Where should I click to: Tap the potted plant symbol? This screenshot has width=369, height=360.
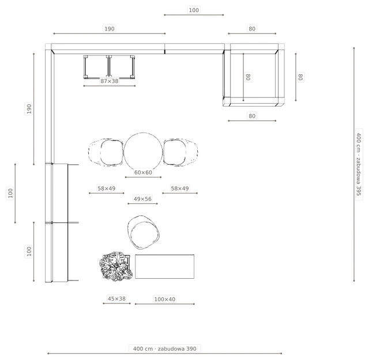115,267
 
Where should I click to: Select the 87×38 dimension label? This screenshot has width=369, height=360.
110,81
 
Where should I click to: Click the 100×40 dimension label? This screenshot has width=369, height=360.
165,299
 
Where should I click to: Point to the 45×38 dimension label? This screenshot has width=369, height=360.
116,298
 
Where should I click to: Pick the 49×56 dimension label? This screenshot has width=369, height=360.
142,199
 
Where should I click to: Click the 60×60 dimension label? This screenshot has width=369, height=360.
143,172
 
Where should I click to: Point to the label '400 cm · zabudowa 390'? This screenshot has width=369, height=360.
165,348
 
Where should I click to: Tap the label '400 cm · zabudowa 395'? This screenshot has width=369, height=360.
359,164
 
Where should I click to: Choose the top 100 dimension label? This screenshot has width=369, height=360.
194,10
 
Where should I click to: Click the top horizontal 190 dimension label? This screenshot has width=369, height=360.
110,29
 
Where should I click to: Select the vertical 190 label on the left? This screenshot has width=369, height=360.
29,109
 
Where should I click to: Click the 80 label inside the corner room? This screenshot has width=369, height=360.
248,77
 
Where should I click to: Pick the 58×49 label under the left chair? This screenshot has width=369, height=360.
107,188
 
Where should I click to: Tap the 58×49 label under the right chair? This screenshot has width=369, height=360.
180,188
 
